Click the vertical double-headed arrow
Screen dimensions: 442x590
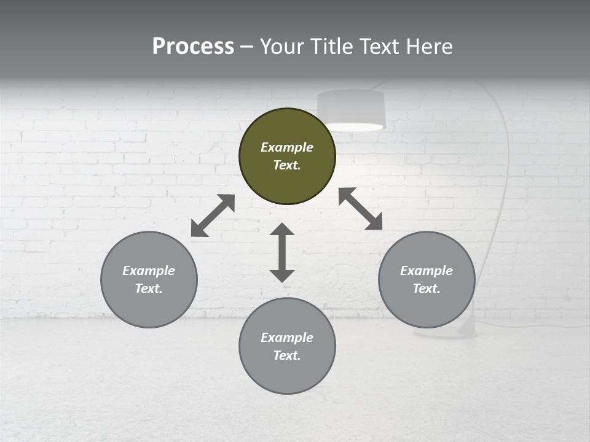(x=282, y=252)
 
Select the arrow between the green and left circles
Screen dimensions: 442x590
(x=213, y=215)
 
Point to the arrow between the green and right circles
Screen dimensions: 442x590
(x=360, y=209)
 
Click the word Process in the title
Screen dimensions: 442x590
(x=193, y=46)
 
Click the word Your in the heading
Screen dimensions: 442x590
(x=282, y=46)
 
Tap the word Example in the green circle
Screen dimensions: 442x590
(x=287, y=147)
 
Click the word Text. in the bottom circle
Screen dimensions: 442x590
(x=287, y=355)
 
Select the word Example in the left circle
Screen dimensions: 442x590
(x=149, y=271)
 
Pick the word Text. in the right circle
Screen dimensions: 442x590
(x=427, y=289)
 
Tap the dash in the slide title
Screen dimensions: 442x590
(x=246, y=47)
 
